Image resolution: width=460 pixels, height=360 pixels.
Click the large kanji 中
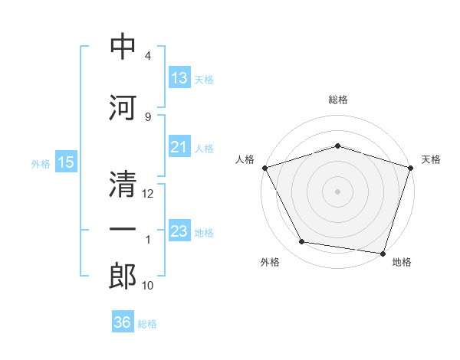[x=123, y=46]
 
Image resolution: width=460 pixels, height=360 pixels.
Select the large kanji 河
[x=123, y=107]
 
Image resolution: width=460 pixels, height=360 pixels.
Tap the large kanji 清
[x=123, y=184]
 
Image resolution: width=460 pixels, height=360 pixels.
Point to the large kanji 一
[x=123, y=229]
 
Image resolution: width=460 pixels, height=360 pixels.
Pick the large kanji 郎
[x=123, y=276]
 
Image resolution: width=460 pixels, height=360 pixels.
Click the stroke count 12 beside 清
[x=147, y=194]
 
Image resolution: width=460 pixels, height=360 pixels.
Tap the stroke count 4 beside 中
[x=148, y=55]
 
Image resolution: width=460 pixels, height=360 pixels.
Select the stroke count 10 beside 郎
[x=147, y=285]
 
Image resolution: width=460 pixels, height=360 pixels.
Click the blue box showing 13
[x=180, y=77]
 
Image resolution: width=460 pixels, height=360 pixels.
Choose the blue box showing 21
[x=180, y=146]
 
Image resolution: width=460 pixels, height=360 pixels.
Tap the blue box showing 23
[x=180, y=230]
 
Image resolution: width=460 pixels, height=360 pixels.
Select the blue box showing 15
[x=66, y=162]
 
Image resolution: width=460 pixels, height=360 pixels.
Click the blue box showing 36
[x=123, y=321]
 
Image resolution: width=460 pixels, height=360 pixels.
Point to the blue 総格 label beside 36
[x=147, y=324]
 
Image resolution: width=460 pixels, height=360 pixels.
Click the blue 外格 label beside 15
[x=41, y=164]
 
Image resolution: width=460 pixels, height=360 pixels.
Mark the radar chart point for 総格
[x=337, y=146]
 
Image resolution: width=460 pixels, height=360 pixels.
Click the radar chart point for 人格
[x=265, y=168]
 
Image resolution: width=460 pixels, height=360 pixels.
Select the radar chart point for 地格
[x=383, y=254]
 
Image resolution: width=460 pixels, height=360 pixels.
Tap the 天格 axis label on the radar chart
[x=431, y=159]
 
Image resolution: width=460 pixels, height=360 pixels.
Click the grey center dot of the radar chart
[x=337, y=191]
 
